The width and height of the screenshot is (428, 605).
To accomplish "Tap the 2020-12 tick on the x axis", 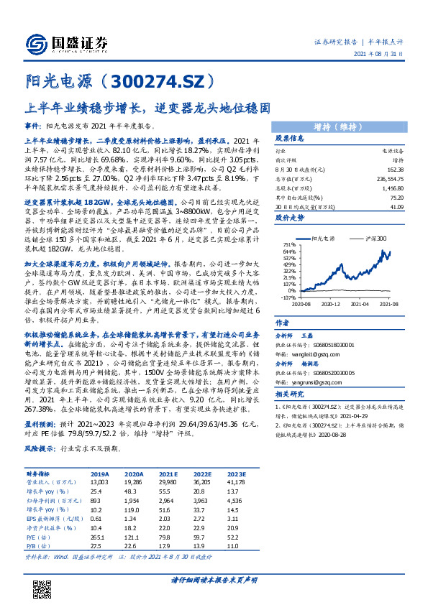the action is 330,305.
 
